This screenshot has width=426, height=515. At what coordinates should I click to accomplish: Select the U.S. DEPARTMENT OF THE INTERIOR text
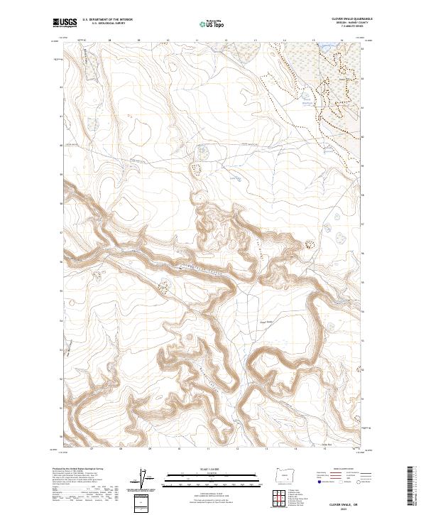107,20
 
